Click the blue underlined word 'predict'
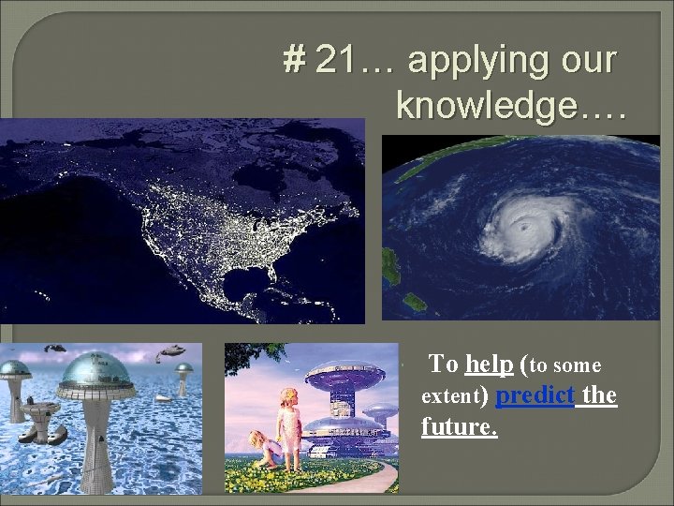[534, 395]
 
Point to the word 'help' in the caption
[487, 365]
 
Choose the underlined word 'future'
[458, 427]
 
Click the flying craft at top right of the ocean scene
[170, 351]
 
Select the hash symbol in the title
[295, 62]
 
